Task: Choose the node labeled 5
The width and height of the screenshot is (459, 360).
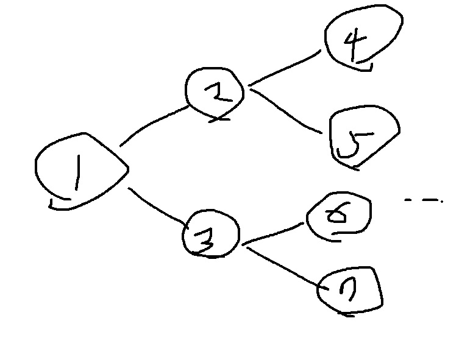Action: pyautogui.click(x=363, y=138)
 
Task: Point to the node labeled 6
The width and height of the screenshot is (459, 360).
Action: pyautogui.click(x=338, y=217)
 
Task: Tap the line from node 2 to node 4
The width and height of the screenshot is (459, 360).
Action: pyautogui.click(x=286, y=68)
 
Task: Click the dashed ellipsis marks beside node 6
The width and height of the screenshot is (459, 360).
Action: pyautogui.click(x=423, y=200)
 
